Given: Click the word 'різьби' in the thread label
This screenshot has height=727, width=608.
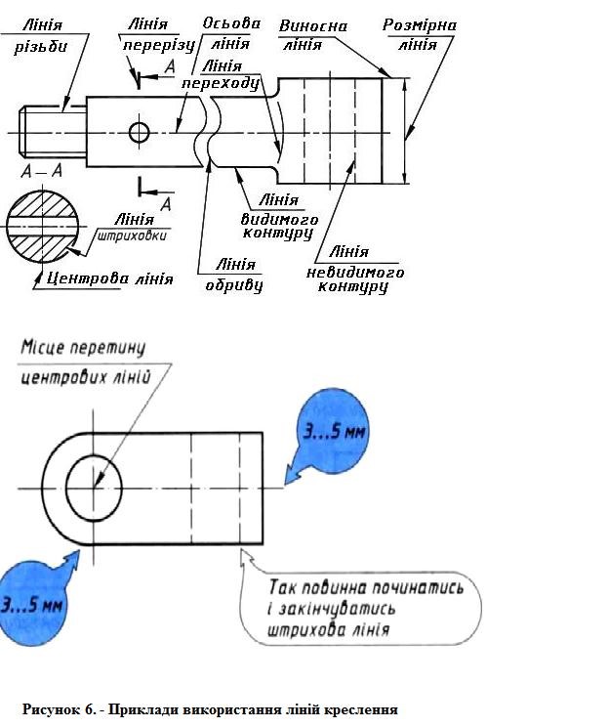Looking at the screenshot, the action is coord(41,47).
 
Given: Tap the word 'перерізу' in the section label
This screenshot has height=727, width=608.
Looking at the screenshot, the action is coord(159,45).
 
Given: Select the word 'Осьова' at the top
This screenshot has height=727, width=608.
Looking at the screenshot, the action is coord(231,23).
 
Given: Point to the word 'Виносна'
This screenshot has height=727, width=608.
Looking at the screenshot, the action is coord(313,26).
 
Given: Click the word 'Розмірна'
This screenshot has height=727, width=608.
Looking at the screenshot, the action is coord(420,25).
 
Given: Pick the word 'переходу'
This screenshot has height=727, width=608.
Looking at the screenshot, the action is coord(221,83).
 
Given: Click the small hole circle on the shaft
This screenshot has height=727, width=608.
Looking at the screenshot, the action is coord(139,133).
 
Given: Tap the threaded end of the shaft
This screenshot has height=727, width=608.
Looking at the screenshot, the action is coord(53,132).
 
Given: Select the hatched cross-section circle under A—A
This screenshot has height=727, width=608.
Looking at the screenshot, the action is coord(43,227).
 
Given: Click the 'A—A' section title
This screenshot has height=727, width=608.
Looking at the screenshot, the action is coord(42,171).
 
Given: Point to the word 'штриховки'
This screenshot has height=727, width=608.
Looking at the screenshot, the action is coord(132,236).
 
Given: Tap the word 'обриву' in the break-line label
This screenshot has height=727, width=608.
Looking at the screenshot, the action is coord(234,285).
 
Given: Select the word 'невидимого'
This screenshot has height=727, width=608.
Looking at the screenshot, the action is coord(355,273).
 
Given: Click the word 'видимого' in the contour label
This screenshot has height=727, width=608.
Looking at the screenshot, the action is coord(279,219).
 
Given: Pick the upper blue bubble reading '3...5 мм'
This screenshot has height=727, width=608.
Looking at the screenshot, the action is coord(334,431).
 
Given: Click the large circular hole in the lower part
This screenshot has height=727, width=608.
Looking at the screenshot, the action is coord(94,489).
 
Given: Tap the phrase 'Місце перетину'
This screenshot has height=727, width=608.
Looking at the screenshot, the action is coord(83,348).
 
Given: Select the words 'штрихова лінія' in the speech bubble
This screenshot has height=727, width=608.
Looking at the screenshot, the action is coord(328,630).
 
